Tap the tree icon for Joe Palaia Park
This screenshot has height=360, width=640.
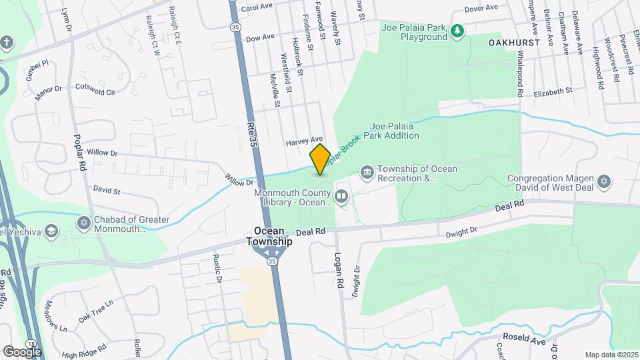457,31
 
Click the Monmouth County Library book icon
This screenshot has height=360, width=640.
341,196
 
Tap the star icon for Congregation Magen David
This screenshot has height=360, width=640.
604,182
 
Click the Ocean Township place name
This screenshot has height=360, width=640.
269,236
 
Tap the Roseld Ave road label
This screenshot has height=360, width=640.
524,339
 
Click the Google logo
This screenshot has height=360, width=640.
22,351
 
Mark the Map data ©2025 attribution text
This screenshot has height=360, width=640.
611,355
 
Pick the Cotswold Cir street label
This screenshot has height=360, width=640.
95,88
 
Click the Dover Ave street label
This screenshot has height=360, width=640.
481,8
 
